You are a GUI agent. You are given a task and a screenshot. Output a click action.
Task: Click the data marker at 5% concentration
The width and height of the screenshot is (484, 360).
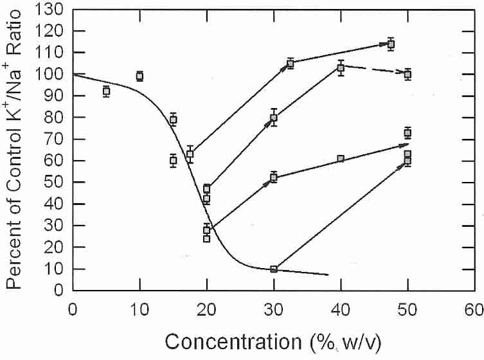(x=106, y=91)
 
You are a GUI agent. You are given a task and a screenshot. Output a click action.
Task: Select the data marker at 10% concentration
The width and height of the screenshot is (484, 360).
(x=139, y=76)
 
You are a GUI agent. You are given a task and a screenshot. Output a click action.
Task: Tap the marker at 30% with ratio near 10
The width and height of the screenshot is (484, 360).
(x=274, y=269)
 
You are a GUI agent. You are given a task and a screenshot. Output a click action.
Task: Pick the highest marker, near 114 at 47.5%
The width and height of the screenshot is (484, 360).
(x=391, y=44)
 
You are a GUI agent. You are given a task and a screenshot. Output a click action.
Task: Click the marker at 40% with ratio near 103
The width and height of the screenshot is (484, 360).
(x=341, y=68)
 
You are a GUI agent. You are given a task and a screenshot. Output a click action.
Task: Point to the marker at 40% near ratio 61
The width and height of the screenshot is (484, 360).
(x=341, y=159)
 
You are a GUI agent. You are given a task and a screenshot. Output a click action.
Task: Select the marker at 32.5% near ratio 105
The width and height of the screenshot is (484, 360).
(x=291, y=64)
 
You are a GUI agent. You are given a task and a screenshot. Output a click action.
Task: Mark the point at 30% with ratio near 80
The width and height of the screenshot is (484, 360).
(x=274, y=118)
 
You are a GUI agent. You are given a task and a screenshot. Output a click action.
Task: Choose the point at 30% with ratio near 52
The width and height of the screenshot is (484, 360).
(x=274, y=177)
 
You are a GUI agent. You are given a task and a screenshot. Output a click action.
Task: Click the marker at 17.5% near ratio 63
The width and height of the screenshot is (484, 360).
(x=190, y=154)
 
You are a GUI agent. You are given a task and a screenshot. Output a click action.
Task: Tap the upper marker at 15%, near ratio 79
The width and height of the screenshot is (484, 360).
(x=173, y=120)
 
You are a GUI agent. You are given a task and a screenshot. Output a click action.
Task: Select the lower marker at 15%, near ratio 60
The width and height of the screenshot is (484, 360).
(x=173, y=161)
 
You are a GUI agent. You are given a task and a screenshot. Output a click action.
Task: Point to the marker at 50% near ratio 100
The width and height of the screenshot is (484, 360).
(x=408, y=75)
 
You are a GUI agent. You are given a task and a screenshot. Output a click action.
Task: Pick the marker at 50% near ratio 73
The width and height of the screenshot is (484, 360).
(x=408, y=133)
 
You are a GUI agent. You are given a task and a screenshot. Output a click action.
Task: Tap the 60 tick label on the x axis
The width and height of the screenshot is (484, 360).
(x=474, y=308)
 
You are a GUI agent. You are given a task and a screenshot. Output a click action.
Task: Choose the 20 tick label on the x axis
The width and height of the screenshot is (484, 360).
(x=206, y=308)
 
